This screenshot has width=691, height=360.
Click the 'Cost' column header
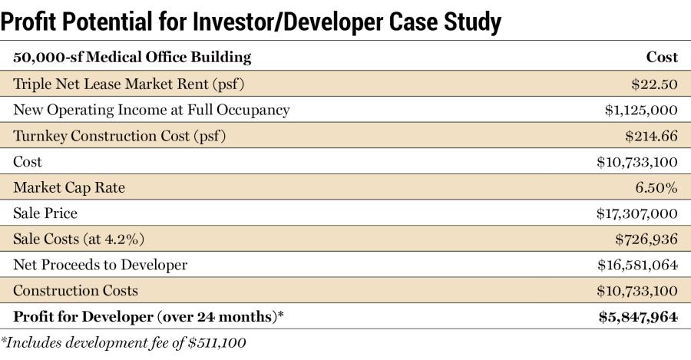click(x=662, y=58)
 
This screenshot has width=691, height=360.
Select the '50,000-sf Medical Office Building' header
click(x=132, y=58)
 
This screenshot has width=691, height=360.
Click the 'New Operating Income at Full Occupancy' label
click(x=151, y=110)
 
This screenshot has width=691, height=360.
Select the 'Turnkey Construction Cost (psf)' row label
click(x=120, y=136)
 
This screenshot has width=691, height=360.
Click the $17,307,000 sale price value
click(x=636, y=213)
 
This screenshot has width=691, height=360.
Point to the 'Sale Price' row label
click(x=45, y=213)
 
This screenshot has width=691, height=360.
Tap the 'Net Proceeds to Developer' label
click(x=100, y=266)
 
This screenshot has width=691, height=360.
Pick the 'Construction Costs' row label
click(x=75, y=291)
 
